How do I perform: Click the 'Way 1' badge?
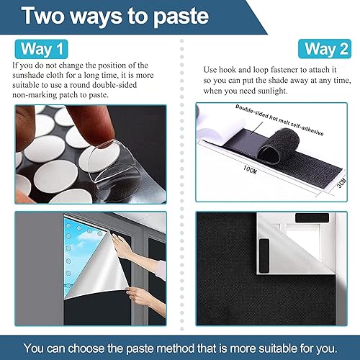click(40, 49)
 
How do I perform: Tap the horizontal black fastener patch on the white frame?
click(310, 217)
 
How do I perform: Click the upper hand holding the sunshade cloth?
click(127, 248)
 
